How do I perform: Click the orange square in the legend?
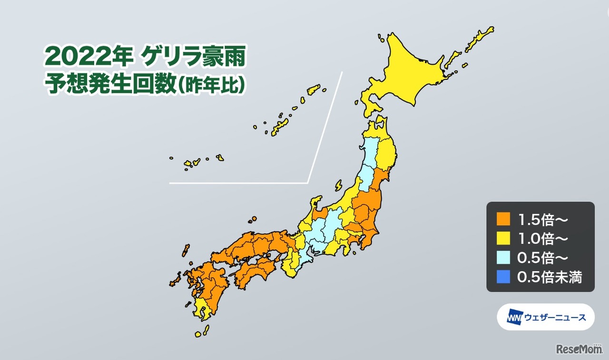502,219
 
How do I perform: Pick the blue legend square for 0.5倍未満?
502,276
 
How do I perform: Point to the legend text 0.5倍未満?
550,277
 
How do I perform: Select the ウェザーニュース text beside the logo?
555,317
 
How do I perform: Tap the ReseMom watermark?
579,349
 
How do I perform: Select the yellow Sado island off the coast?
338,185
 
